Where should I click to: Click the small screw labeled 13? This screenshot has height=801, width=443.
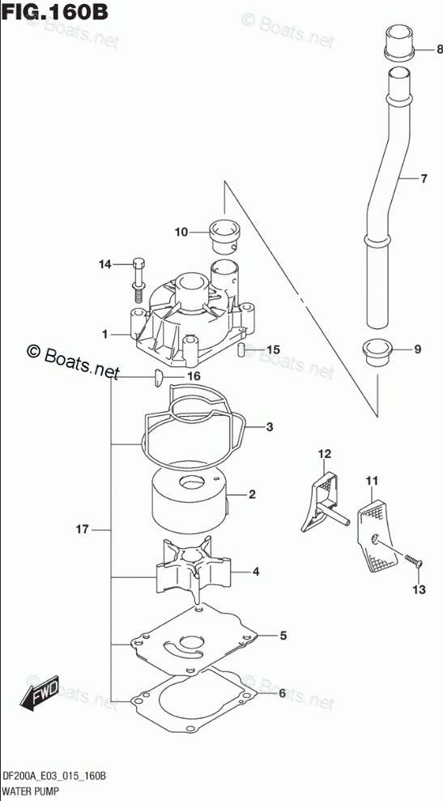413,561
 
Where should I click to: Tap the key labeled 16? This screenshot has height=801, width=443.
157,377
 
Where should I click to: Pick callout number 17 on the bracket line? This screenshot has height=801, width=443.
83,529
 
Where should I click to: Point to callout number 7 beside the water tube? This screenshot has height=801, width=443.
423,179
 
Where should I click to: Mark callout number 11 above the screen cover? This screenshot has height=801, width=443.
372,480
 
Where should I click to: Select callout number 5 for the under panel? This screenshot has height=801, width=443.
283,636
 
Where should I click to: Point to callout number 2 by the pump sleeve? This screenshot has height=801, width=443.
252,495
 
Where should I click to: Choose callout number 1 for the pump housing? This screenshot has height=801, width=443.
104,335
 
